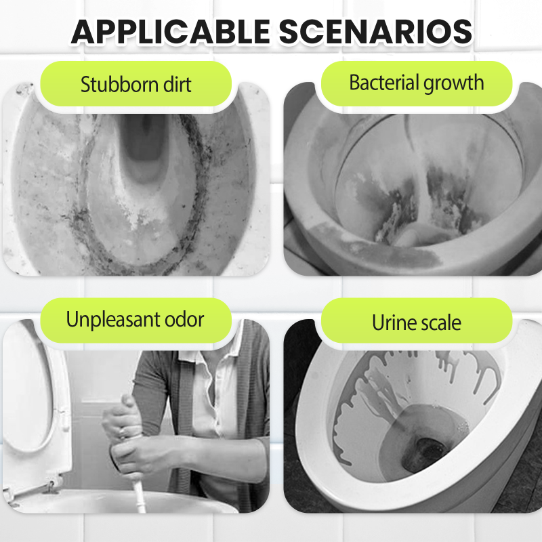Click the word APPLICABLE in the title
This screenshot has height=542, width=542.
(171, 31)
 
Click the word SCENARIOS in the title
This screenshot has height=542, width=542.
(375, 31)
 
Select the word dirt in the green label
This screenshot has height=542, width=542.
(177, 84)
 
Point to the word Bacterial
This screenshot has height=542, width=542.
(383, 83)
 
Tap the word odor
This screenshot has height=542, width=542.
(184, 319)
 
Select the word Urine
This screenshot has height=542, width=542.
(392, 322)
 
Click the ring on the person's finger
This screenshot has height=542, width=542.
(122, 433)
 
